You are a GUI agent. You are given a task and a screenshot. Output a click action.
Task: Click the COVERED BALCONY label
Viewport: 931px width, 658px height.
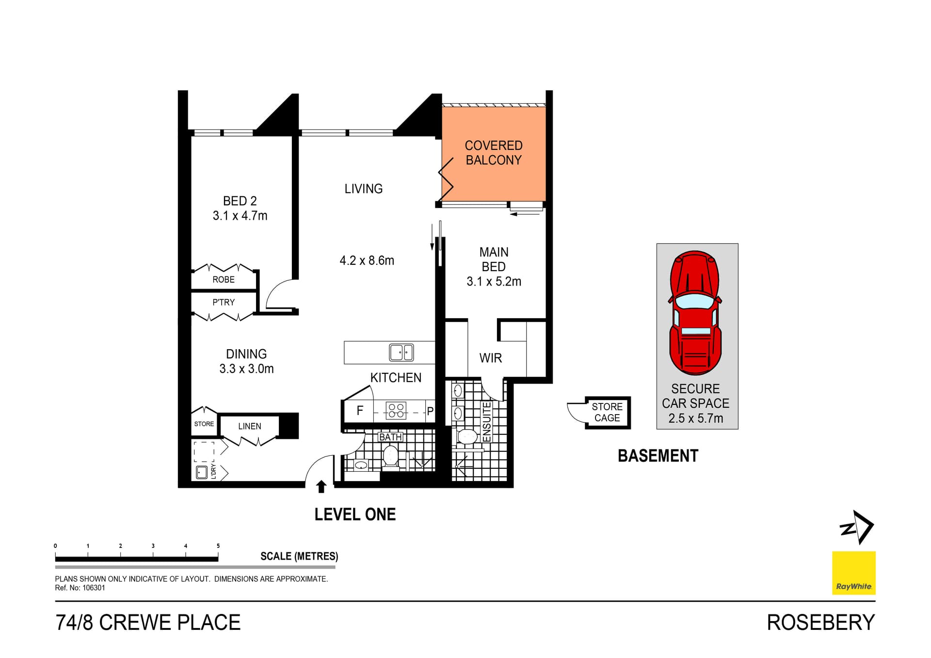coord(493,153)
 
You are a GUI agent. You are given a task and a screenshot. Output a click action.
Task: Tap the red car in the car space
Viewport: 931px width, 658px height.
coord(695,313)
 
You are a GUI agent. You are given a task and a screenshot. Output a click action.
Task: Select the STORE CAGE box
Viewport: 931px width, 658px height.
coord(607,412)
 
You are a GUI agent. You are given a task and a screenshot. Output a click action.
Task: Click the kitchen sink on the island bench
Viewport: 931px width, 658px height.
coord(401,353)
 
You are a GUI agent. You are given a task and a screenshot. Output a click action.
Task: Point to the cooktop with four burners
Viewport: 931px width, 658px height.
coord(396,411)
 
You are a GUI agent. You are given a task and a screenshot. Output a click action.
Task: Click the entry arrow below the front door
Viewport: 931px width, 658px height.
coord(321,486)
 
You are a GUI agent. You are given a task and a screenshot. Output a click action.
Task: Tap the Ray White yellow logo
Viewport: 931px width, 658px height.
coord(853,573)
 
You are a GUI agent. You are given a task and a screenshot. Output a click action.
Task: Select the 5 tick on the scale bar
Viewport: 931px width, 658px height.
coord(218,546)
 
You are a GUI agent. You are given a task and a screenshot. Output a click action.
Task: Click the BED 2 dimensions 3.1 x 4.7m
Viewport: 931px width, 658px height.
coord(240,216)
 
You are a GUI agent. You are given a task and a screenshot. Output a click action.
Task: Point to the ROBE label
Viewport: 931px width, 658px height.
coord(224,280)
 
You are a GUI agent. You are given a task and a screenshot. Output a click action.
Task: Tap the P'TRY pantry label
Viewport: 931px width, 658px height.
coord(224,302)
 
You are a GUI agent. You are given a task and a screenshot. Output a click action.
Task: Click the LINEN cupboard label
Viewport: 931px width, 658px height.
coord(250,426)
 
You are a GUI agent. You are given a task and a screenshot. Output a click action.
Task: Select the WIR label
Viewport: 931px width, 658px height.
coord(490,358)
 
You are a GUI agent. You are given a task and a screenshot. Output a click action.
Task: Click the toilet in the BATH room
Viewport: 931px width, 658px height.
coord(390,456)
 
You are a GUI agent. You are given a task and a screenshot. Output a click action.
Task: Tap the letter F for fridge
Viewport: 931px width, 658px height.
coord(360,411)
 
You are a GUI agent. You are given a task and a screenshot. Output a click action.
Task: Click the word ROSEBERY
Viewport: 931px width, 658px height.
coord(820,623)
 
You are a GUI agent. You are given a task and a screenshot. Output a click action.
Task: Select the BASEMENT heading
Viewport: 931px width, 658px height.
coord(658,456)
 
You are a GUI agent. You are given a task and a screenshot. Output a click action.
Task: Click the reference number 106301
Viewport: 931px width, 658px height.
coord(94,588)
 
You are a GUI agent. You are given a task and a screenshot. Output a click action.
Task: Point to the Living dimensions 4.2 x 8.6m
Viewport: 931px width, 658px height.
coord(367,261)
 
